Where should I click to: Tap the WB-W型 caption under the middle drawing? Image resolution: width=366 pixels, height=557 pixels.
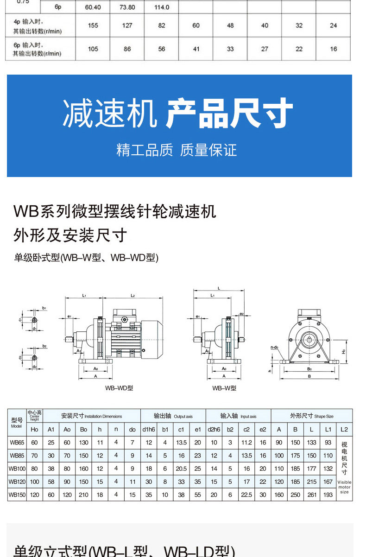224,388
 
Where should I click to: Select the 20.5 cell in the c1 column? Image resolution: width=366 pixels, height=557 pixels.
181,468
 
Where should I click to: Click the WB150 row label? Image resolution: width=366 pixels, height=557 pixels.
17,495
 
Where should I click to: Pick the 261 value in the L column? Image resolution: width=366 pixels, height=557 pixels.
312,495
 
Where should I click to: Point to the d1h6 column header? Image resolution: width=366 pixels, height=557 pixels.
149,430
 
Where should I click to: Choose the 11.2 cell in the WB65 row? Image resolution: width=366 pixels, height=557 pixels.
246,443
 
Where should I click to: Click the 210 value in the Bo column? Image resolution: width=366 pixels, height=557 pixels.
83,495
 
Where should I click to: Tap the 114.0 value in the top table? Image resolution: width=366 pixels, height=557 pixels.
161,7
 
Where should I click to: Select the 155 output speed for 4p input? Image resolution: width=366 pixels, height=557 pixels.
93,25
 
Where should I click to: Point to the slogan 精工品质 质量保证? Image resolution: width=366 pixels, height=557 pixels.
177,150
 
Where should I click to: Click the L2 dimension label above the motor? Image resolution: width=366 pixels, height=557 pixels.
133,295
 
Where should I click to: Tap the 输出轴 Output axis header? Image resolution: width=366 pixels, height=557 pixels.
173,416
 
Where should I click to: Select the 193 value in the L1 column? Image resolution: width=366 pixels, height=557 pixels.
328,495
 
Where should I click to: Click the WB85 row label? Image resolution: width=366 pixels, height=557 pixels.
17,456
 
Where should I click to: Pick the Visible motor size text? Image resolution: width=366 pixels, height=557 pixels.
344,487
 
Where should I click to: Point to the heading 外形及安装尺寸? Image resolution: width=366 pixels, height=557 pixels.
70,235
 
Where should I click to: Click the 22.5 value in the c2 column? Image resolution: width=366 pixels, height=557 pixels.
246,495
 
